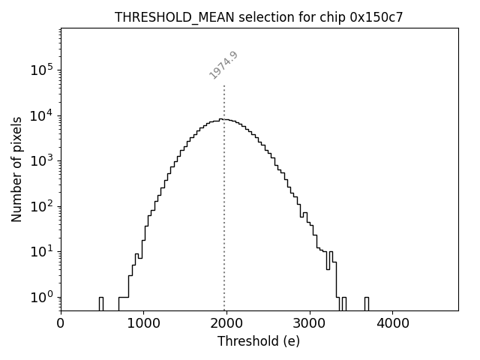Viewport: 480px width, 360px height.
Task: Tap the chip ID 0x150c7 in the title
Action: [x=376, y=17]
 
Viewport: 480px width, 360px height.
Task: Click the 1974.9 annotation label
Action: [x=223, y=65]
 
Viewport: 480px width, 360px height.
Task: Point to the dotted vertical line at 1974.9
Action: [x=224, y=187]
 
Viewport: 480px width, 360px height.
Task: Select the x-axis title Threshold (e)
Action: [x=259, y=341]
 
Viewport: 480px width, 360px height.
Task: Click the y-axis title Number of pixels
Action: [x=16, y=169]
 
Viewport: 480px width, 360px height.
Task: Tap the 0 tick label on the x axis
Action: [x=61, y=324]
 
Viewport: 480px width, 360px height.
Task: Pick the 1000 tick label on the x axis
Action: [x=143, y=324]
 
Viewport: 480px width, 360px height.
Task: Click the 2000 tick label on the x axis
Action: [x=226, y=324]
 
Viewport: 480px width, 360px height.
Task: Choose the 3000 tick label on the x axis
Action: [x=309, y=324]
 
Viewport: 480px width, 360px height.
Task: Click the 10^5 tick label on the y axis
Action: [x=42, y=70]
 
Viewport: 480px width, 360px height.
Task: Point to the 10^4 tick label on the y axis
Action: [x=42, y=115]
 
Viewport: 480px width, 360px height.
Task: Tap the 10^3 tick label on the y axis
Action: [x=42, y=160]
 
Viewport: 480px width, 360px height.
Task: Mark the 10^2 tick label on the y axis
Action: [x=42, y=206]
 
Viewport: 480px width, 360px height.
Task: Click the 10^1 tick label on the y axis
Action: [x=42, y=251]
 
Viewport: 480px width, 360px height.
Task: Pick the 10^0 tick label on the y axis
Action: [x=42, y=297]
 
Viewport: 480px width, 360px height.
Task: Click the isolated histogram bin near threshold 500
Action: [x=100, y=303]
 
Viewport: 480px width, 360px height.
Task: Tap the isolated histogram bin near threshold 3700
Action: [x=366, y=303]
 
